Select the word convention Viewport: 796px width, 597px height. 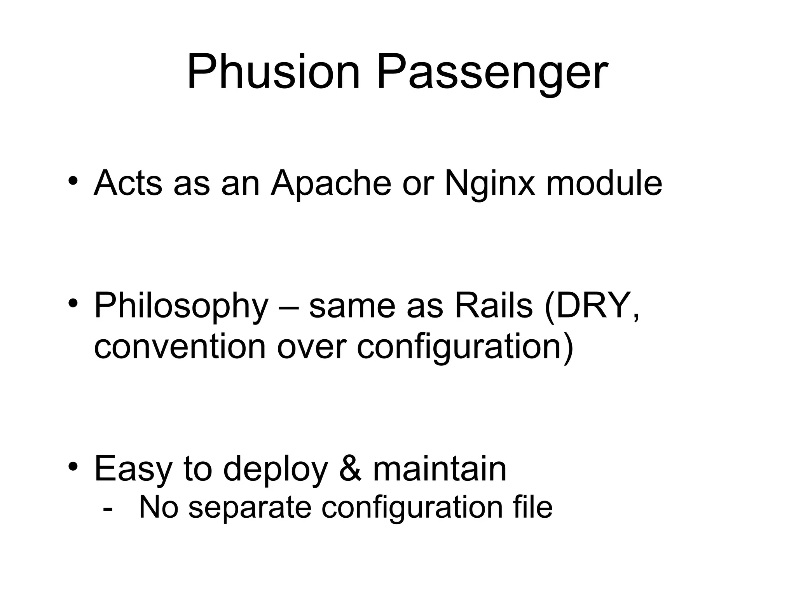pyautogui.click(x=180, y=347)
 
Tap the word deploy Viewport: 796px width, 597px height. pyautogui.click(x=276, y=470)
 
